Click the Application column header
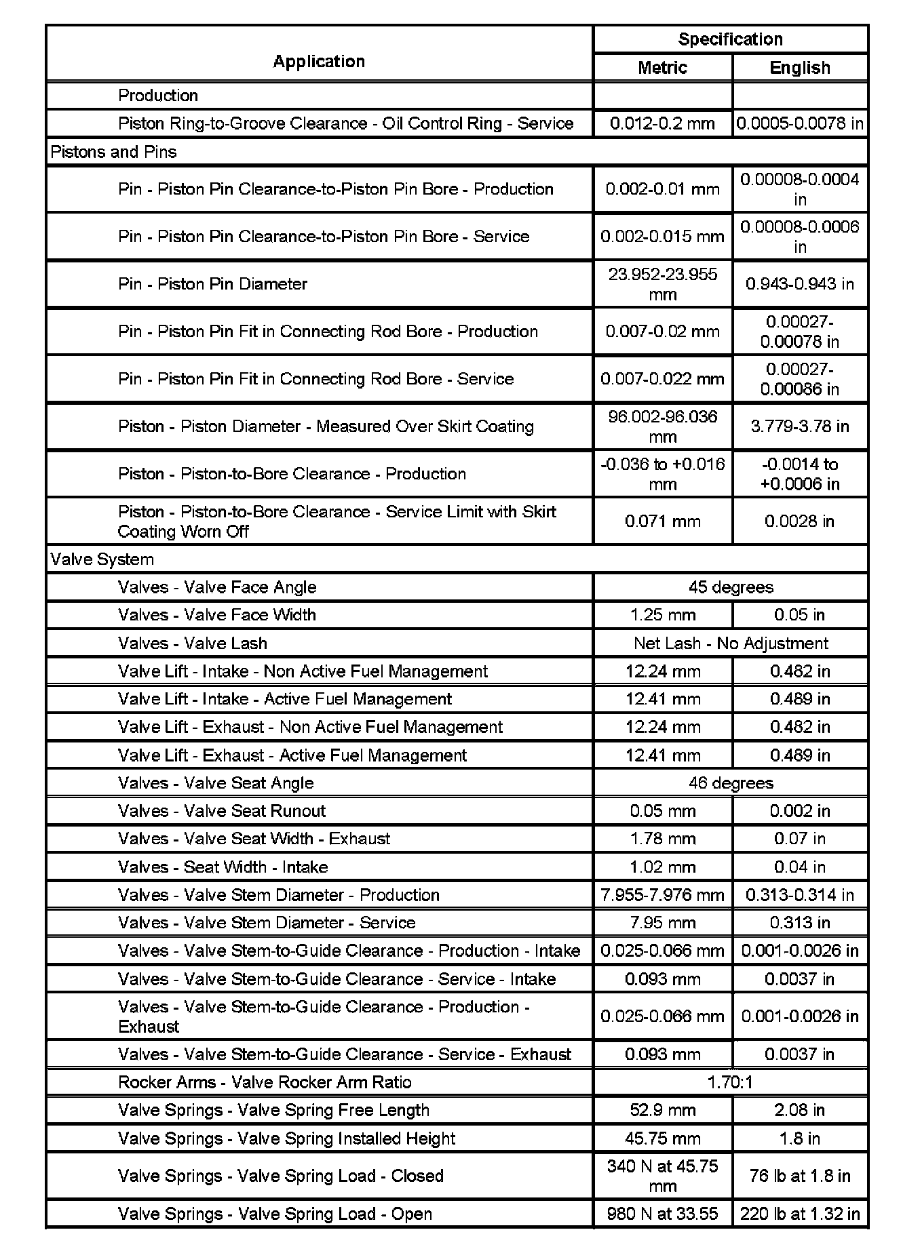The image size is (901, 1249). [x=319, y=62]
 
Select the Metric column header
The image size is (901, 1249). [x=662, y=68]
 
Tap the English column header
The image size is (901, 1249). [x=800, y=68]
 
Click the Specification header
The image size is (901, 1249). [x=730, y=39]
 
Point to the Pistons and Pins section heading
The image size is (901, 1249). [x=113, y=152]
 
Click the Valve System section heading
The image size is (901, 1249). [x=102, y=559]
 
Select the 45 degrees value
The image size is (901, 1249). [x=730, y=587]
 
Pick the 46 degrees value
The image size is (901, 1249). [x=730, y=783]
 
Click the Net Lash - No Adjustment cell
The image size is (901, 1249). [x=730, y=643]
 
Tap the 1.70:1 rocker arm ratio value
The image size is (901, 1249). [x=730, y=1082]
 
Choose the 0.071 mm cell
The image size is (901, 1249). [x=662, y=521]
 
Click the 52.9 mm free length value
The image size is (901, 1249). [x=662, y=1110]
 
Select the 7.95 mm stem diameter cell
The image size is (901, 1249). [x=662, y=923]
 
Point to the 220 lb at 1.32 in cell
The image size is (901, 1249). [x=800, y=1214]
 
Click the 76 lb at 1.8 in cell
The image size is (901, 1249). [x=800, y=1176]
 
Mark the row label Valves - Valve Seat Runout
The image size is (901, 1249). [x=221, y=811]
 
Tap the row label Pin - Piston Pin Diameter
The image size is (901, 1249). [x=212, y=284]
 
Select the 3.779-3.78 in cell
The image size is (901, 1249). [x=800, y=427]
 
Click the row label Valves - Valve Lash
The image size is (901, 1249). [x=192, y=643]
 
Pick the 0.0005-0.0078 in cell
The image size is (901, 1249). [x=800, y=123]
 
